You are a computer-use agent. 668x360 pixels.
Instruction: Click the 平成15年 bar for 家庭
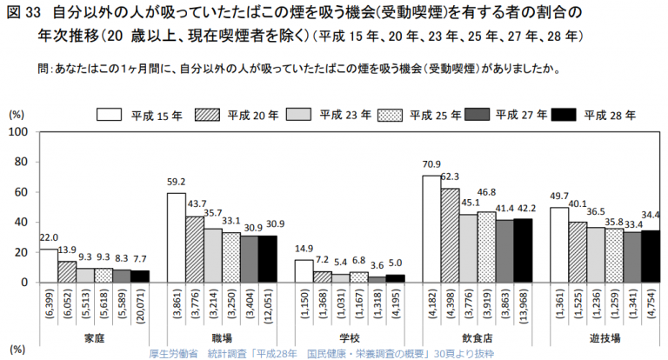[x=49, y=265]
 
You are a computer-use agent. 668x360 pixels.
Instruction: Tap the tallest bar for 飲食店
[x=431, y=229]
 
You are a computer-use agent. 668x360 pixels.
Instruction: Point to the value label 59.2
[x=177, y=183]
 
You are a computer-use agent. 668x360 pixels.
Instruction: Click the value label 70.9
[x=431, y=165]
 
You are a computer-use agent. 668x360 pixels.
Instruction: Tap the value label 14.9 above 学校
[x=304, y=250]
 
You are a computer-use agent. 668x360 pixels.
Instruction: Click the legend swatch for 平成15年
[x=109, y=115]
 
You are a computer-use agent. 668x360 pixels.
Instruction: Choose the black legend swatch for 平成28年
[x=564, y=115]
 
